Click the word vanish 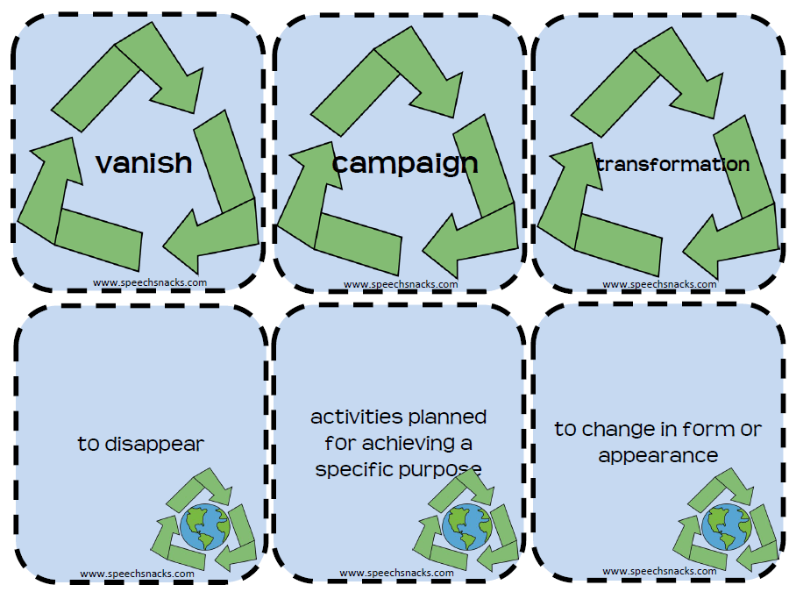click(144, 162)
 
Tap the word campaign click(405, 162)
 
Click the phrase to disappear click(140, 444)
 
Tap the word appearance click(658, 456)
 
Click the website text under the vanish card click(149, 282)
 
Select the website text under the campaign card click(401, 284)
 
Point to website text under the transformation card click(659, 284)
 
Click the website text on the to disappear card click(138, 574)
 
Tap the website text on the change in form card click(659, 571)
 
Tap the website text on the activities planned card click(396, 573)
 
